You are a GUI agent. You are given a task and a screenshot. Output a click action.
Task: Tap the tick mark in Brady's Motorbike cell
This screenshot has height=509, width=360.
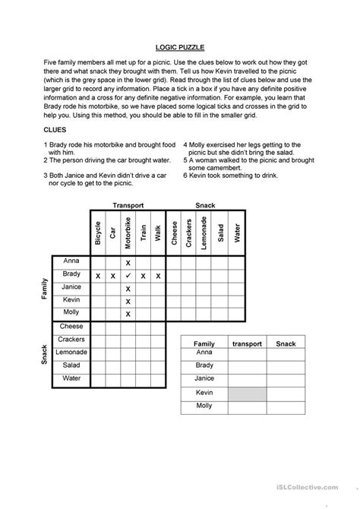(x=128, y=275)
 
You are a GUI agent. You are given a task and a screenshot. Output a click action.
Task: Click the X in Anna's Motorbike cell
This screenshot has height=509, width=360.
(x=128, y=262)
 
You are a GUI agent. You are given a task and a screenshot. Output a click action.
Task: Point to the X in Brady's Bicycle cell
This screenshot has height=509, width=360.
(x=97, y=275)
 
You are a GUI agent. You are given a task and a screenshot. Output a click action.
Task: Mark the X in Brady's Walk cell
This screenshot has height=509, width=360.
(x=158, y=275)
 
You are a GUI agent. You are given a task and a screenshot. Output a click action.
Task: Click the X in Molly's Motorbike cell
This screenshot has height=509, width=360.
(x=128, y=314)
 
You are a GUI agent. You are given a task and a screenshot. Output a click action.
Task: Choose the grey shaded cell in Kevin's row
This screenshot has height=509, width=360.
(x=246, y=393)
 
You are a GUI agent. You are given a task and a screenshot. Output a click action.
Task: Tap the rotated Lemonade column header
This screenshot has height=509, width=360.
(x=204, y=231)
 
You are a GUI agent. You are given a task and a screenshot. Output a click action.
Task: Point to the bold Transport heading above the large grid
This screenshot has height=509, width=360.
(x=128, y=204)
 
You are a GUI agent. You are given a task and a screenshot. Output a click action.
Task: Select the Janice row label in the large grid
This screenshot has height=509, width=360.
(x=71, y=288)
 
